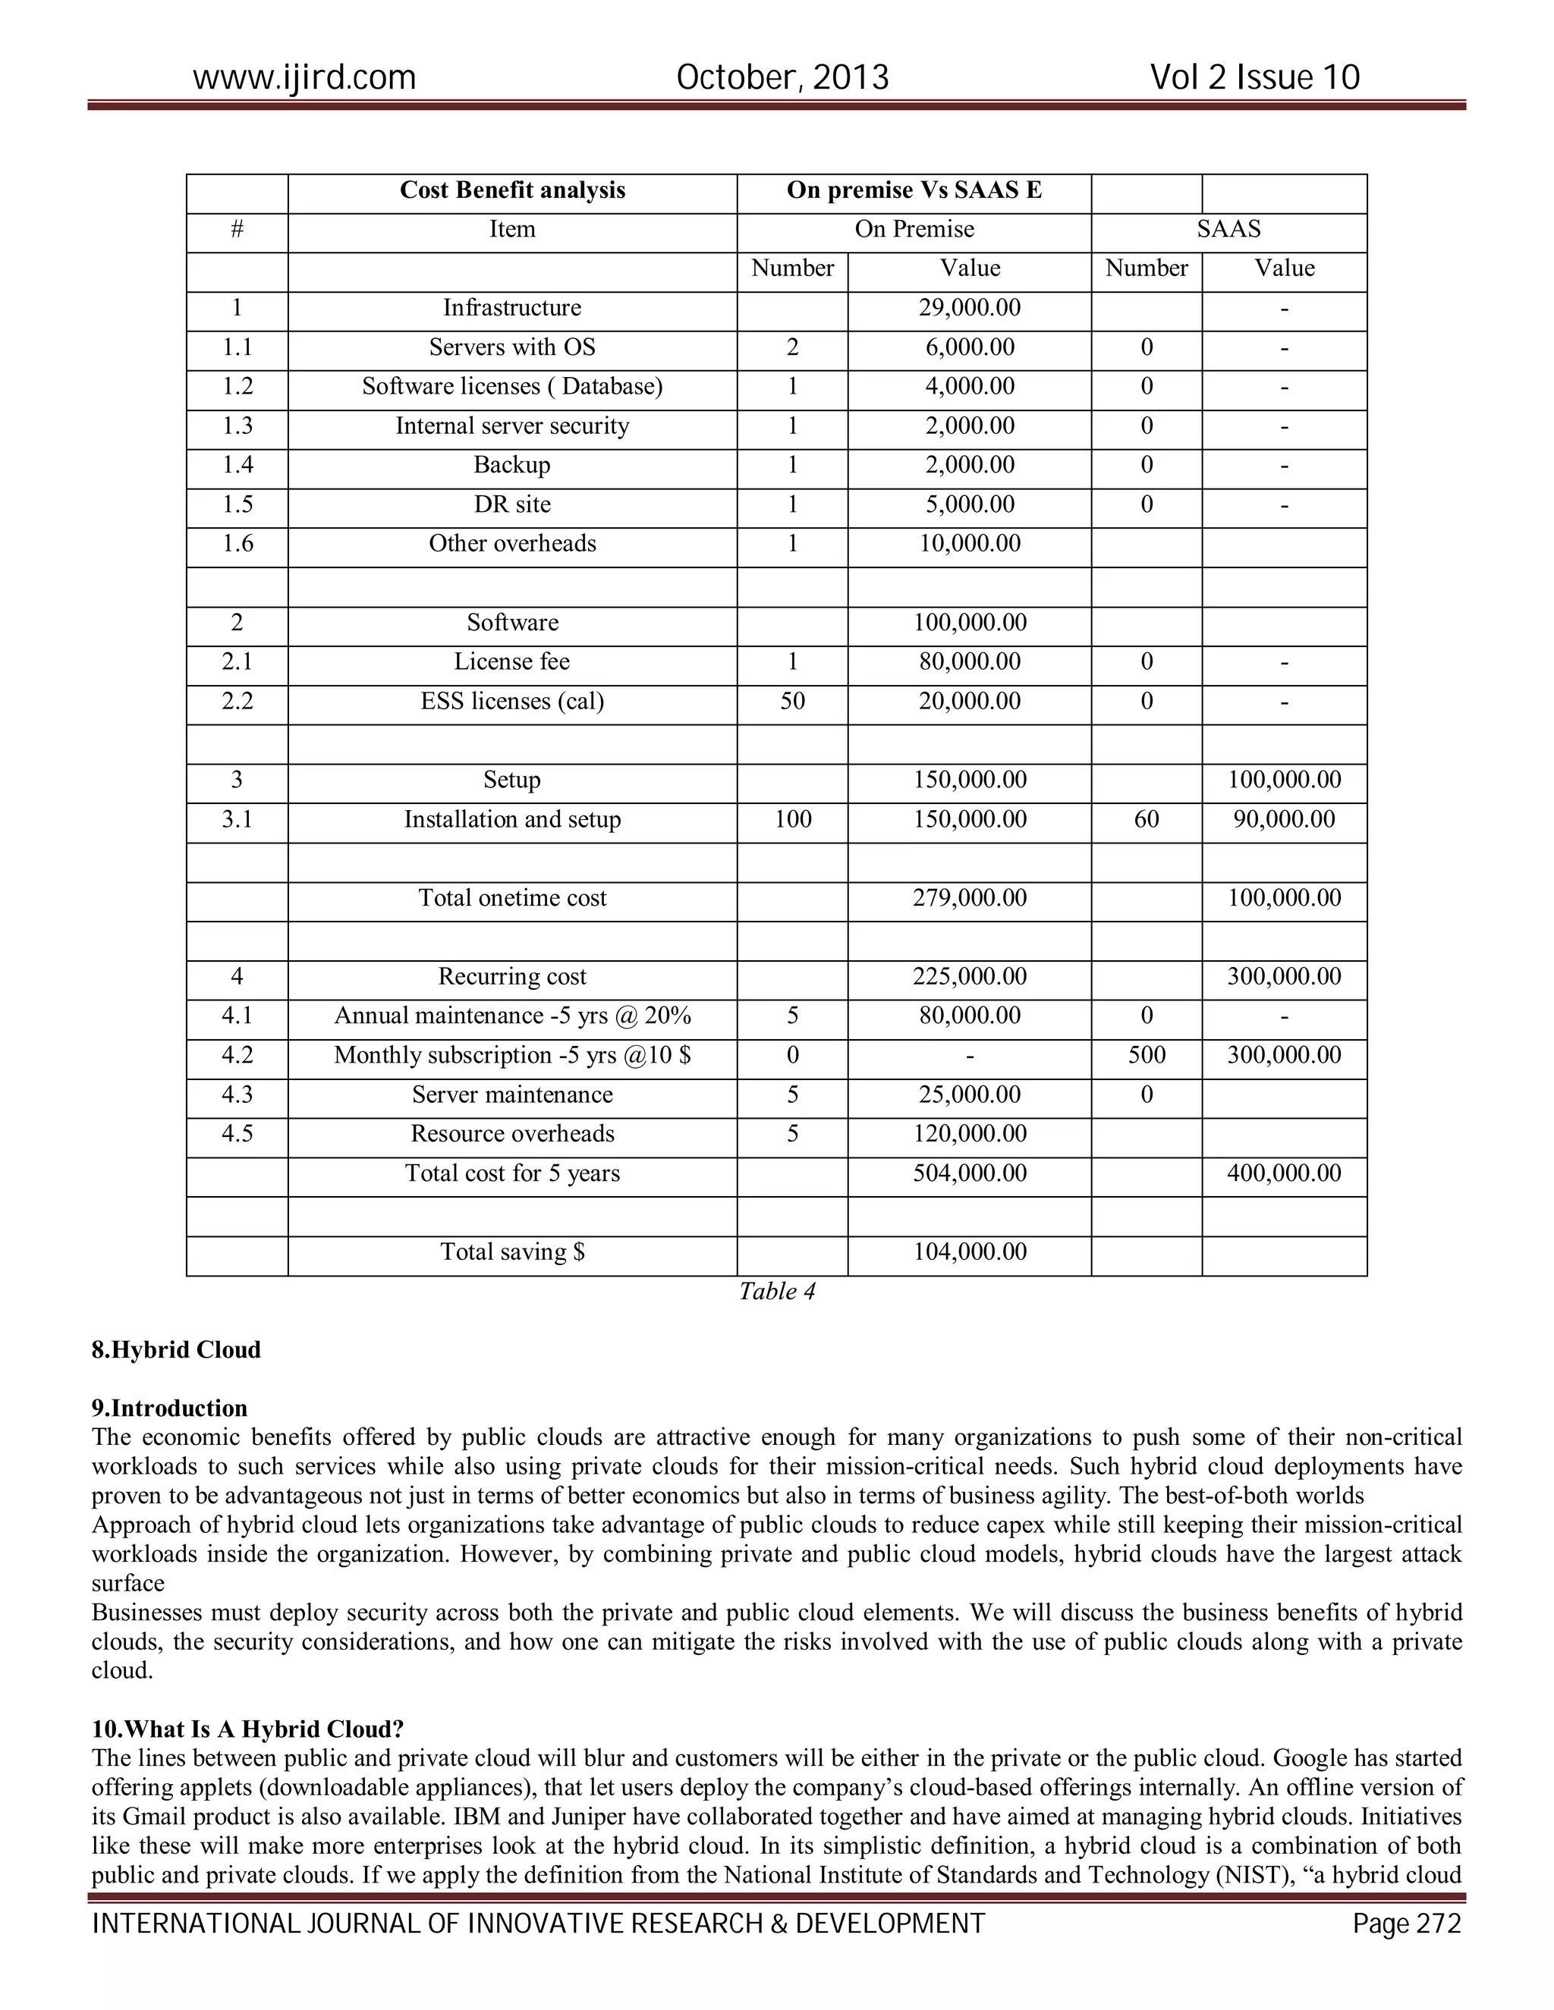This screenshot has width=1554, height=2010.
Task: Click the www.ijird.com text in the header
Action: tap(304, 77)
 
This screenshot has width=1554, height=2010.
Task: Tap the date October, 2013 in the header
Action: tap(782, 77)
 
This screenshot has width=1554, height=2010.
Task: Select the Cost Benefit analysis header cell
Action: tap(512, 190)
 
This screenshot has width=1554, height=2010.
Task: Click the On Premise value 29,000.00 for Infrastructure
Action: tap(970, 307)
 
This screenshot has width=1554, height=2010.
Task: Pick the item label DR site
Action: tap(512, 504)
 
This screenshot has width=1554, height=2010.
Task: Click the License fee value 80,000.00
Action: tap(970, 661)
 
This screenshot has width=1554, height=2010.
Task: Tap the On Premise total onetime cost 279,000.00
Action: tap(970, 898)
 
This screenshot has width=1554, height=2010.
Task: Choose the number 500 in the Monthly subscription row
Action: tap(1147, 1055)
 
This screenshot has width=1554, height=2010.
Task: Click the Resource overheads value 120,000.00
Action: tap(970, 1134)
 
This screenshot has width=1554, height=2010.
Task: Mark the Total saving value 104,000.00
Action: tap(970, 1252)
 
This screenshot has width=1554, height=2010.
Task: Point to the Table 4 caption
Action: tap(777, 1292)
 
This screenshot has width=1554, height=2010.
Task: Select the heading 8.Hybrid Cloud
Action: tap(176, 1350)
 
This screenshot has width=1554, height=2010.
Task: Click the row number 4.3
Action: tap(237, 1095)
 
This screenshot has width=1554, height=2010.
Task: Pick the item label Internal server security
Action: tap(512, 426)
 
